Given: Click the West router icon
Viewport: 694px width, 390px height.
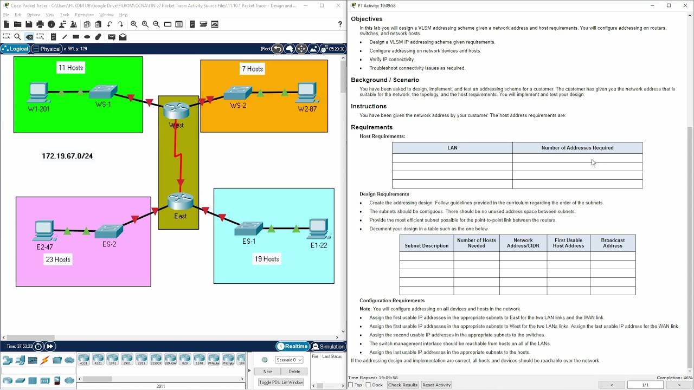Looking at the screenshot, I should click(176, 110).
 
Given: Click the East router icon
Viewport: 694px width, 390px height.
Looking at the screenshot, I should click(181, 201).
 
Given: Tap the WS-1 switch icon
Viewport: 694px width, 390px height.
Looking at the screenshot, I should click(104, 92).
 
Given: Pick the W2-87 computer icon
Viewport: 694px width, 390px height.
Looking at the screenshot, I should click(307, 92).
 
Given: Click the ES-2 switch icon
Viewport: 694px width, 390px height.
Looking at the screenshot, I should click(110, 231).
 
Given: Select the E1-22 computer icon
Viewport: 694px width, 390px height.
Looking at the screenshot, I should click(319, 229).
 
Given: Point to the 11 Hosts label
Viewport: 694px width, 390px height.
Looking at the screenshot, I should click(71, 68).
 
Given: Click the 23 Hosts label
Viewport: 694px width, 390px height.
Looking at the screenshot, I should click(58, 259).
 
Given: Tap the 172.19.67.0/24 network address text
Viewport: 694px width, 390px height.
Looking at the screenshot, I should click(67, 156).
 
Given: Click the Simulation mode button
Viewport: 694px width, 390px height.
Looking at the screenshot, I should click(328, 347).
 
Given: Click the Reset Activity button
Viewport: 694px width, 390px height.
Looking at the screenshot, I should click(436, 385).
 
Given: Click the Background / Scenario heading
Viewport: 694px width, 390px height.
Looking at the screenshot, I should click(385, 80).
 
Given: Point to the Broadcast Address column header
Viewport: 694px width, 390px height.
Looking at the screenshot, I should click(613, 243).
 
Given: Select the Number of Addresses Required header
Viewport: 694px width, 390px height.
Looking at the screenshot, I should click(577, 148).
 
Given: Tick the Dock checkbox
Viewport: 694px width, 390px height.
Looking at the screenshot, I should click(369, 385).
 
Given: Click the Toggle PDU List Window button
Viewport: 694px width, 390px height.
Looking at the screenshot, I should click(281, 382).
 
